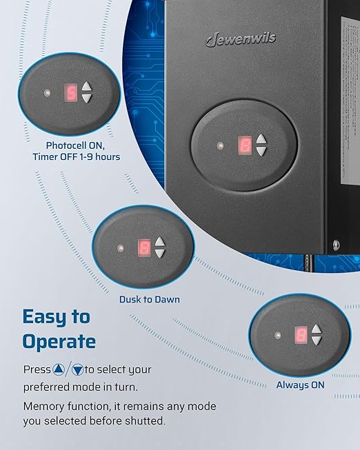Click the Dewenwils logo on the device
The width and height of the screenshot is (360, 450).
point(241,39)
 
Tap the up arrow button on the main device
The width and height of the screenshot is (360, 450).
point(261,139)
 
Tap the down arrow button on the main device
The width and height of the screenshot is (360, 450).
point(261,151)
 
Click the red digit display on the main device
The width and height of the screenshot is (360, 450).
point(245,145)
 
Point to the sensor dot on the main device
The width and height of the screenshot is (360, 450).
point(221,145)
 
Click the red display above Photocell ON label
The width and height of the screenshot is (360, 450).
point(70,92)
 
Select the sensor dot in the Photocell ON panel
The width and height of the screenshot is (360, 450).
point(47,93)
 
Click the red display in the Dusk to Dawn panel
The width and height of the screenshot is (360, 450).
point(144,247)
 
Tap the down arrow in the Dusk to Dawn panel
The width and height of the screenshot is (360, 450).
point(160,253)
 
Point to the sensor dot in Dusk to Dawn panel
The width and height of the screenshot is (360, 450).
point(121,248)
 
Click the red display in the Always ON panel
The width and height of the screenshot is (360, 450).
point(301,335)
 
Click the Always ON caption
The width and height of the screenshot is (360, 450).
point(300,385)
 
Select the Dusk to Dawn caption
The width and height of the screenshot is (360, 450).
point(150,299)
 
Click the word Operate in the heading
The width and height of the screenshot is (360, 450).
point(59,342)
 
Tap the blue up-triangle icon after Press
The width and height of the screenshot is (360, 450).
point(59,369)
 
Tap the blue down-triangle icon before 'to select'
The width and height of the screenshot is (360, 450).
point(77,369)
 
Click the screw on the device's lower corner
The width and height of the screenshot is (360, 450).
point(336,245)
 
